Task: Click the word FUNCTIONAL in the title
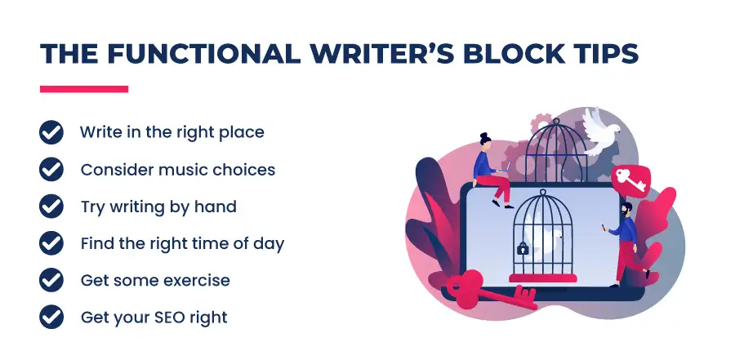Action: tap(203, 53)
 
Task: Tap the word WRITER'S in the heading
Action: tap(381, 53)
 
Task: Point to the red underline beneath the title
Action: tap(84, 89)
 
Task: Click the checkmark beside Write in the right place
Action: tap(51, 132)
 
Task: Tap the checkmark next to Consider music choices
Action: tap(51, 169)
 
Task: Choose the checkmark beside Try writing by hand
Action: tap(51, 207)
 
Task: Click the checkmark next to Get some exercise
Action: tap(51, 280)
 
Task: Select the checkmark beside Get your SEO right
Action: tap(51, 317)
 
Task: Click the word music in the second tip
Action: tap(183, 169)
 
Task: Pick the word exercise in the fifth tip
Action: tap(201, 280)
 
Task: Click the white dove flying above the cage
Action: tap(600, 131)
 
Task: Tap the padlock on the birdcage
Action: tap(522, 248)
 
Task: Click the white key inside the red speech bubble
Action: tap(630, 180)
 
